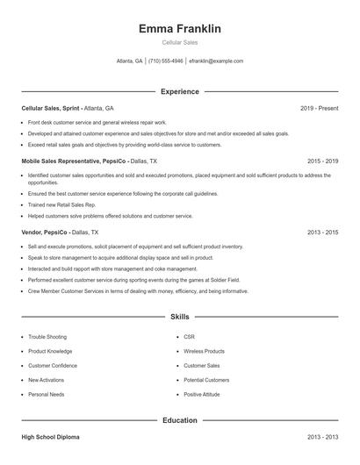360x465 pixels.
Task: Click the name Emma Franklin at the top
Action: pos(180,29)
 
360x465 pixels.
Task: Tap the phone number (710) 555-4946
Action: pos(166,61)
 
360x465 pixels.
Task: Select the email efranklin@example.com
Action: pos(216,61)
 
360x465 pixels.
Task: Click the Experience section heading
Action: pos(180,91)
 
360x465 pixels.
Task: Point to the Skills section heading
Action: pos(180,315)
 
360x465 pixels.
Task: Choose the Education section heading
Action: pos(180,420)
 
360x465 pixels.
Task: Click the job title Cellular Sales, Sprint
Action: pos(52,108)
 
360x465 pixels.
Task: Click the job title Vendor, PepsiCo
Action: pos(43,232)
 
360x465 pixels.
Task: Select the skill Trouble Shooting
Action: pos(47,337)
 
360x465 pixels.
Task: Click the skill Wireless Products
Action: pos(205,351)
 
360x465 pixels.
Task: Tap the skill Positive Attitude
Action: pos(203,394)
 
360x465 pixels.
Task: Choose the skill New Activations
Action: pos(47,380)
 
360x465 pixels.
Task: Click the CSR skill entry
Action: pos(189,337)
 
